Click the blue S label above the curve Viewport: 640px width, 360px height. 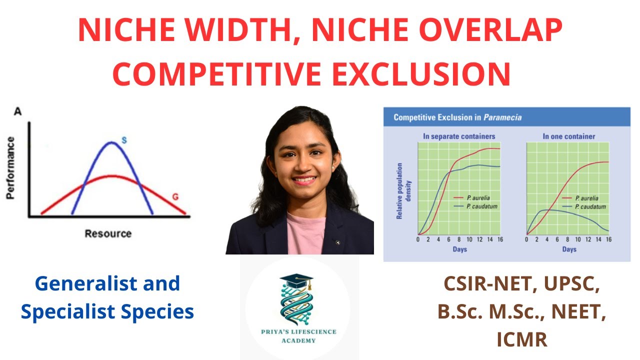(x=124, y=140)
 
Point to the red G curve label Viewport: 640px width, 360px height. (x=175, y=196)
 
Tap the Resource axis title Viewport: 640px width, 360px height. (x=108, y=233)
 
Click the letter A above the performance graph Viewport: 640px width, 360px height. (x=17, y=112)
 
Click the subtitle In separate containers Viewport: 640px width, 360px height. (x=459, y=136)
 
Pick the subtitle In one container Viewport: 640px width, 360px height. (x=569, y=136)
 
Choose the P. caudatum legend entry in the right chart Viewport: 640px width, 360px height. (x=590, y=206)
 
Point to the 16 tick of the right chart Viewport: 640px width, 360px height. (x=608, y=239)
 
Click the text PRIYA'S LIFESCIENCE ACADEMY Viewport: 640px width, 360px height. (x=299, y=335)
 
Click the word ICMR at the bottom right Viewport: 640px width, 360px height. (x=522, y=340)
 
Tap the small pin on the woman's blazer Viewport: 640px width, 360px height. (x=338, y=243)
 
